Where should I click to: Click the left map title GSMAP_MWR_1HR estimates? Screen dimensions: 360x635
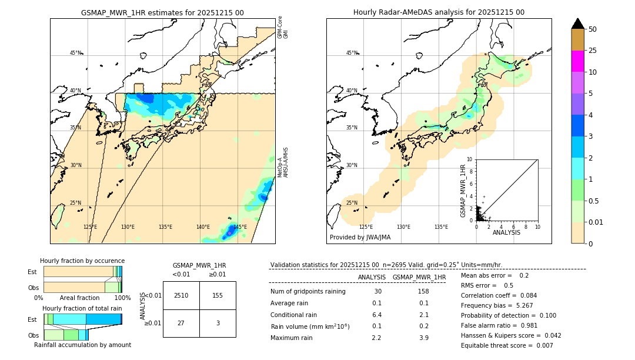pos(162,12)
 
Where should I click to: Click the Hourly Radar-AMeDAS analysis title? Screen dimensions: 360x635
pos(439,12)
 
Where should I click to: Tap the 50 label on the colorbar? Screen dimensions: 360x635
pos(593,29)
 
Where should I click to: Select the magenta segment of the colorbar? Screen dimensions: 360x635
pos(577,61)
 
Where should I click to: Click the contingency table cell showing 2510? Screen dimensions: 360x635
pos(181,295)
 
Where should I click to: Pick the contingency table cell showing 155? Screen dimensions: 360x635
pos(218,295)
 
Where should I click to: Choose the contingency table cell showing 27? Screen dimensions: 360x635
pos(181,323)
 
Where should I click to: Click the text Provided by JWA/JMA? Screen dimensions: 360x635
pos(360,238)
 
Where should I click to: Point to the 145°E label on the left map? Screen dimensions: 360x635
pos(240,227)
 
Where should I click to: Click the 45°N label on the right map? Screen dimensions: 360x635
pos(352,53)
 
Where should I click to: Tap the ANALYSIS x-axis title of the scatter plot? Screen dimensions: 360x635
pos(506,232)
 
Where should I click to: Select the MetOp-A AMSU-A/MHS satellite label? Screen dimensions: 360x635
pos(283,163)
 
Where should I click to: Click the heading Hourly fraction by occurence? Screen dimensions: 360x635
pos(82,261)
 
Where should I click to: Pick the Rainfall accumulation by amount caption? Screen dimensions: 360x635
pos(82,345)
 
